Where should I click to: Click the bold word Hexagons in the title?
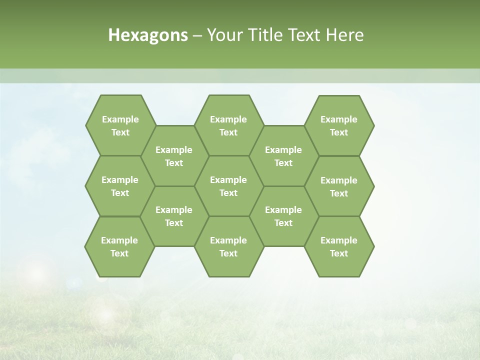(148, 35)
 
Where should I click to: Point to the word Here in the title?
(345, 35)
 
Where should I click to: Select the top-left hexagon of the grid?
(120, 125)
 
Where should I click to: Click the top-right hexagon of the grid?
(339, 125)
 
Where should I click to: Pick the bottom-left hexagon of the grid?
(119, 246)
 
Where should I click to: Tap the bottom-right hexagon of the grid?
(339, 246)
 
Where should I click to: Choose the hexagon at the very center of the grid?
(228, 186)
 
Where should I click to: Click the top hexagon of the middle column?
(228, 125)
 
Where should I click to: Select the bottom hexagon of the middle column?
(228, 246)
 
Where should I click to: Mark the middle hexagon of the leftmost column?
(120, 186)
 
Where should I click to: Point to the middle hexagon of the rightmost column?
(339, 186)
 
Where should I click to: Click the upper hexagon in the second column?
(174, 156)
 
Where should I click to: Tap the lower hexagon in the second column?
(174, 216)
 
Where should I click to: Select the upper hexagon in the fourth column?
(283, 156)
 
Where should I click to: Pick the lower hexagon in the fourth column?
(283, 216)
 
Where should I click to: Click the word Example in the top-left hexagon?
(120, 119)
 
